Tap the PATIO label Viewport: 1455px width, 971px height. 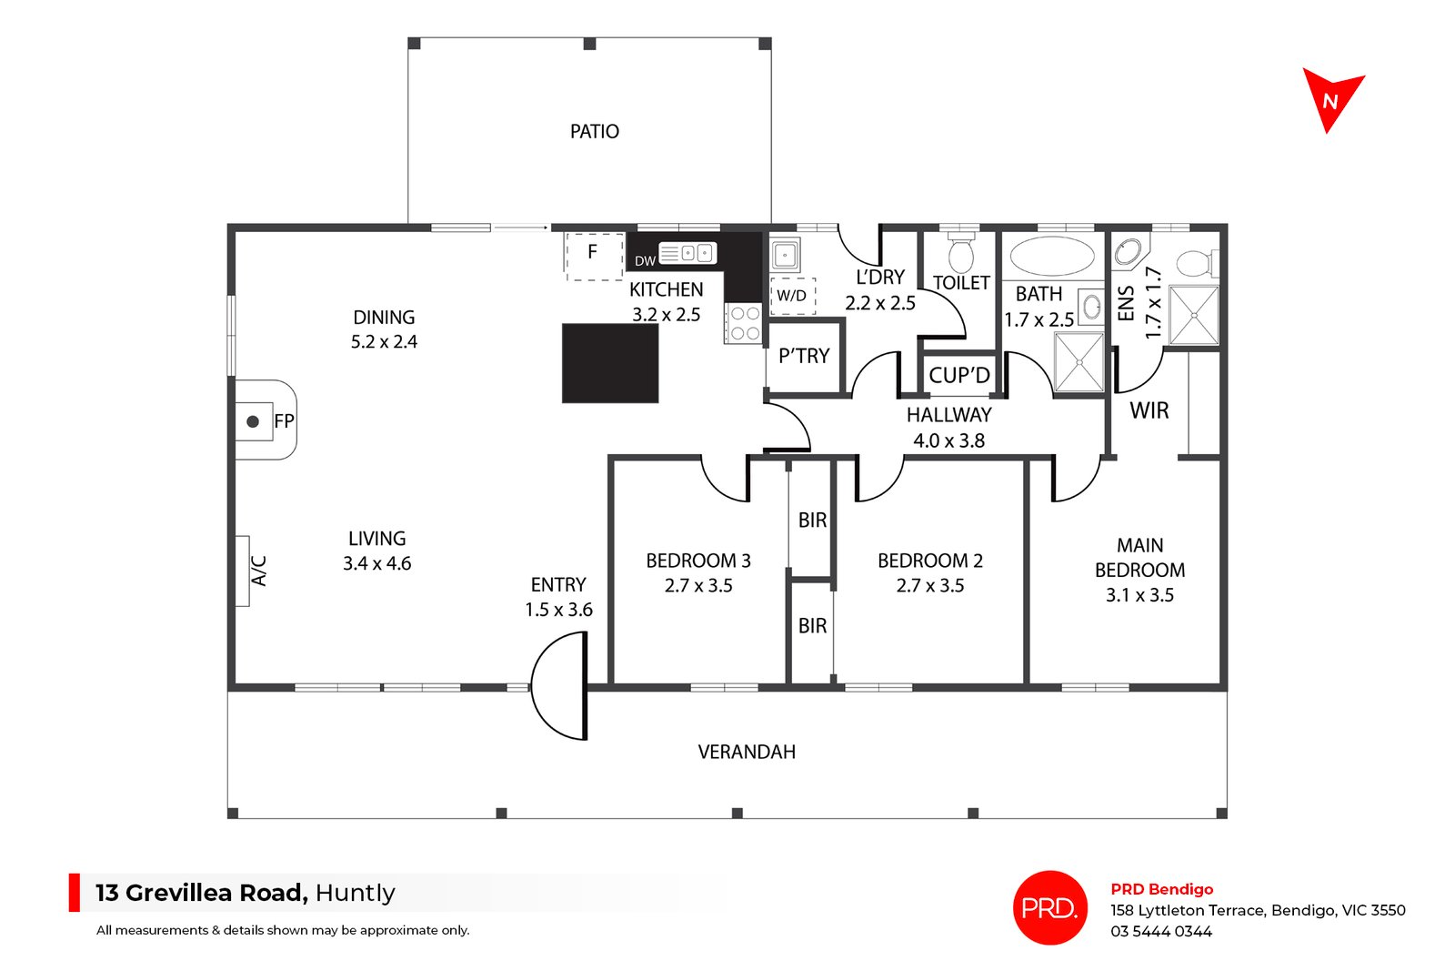[595, 132]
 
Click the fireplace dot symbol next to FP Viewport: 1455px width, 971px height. [254, 422]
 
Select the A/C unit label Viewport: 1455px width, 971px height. [258, 571]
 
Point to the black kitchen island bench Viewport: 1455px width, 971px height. [610, 363]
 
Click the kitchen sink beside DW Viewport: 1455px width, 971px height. [687, 253]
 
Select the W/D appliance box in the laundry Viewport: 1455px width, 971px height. [792, 296]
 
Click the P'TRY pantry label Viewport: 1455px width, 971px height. [804, 356]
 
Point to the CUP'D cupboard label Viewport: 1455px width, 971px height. [959, 375]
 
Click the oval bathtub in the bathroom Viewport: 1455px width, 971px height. [1052, 256]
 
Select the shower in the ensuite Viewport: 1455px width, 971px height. [1194, 315]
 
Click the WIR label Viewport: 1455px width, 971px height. [1149, 410]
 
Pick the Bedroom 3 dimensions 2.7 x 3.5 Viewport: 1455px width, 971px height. [698, 585]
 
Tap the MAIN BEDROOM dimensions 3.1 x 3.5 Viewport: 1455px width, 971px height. [1140, 595]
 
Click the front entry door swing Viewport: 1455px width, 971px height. [559, 685]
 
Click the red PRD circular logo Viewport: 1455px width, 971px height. [1049, 907]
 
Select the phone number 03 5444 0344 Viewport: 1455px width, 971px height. [1161, 931]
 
